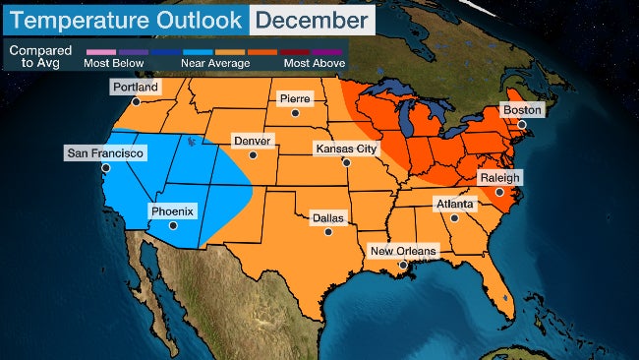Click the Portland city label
coord(135,87)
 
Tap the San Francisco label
coord(105,153)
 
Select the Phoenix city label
coord(172,210)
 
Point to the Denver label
coord(252,141)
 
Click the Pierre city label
coord(295,99)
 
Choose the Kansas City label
coord(345,149)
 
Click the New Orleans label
coord(402,251)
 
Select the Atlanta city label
coord(454,204)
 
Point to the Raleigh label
coord(499,178)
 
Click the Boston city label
coord(522,111)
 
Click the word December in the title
coord(311,20)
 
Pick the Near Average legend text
coord(214,63)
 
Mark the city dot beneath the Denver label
coord(253,155)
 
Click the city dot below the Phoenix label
coord(173,225)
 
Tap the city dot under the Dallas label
coord(328,232)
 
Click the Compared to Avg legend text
coord(40,57)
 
